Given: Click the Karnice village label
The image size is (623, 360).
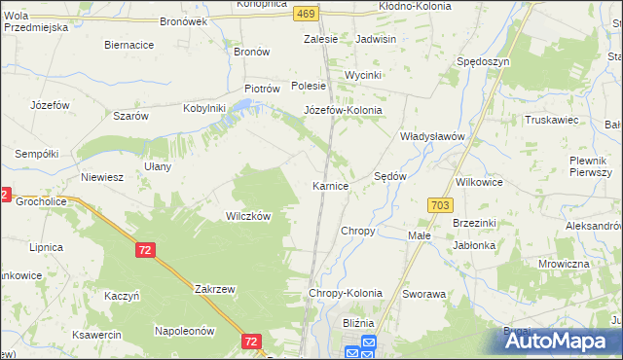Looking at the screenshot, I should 330,186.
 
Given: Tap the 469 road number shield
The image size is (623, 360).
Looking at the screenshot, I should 306,13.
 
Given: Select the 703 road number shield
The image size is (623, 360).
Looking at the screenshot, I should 439,204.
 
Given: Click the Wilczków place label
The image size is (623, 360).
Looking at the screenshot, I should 248,217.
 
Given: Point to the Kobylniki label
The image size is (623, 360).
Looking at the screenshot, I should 204,108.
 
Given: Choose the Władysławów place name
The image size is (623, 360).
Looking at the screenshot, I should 434,137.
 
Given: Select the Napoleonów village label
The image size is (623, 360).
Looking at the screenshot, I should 184,331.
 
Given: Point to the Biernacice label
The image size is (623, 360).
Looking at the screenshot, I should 129,45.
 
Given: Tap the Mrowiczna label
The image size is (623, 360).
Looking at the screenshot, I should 564,264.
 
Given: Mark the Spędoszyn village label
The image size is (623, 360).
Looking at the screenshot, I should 483,61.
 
